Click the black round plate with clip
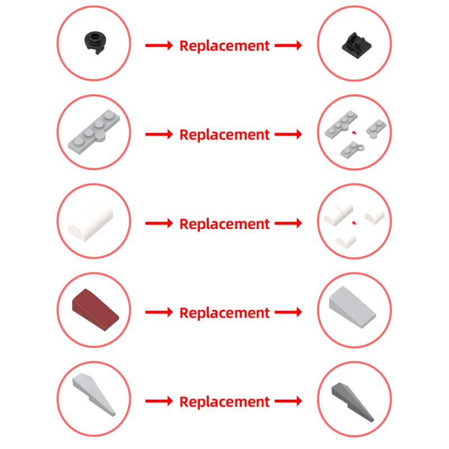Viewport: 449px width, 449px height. coord(95,43)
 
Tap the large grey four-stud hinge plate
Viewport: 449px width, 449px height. coord(94,131)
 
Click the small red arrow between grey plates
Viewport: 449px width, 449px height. coord(354,132)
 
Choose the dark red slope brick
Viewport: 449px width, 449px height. coord(95,309)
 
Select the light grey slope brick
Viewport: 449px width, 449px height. coord(352,307)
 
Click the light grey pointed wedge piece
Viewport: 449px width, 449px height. coord(94,395)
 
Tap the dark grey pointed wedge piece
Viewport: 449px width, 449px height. coord(352,402)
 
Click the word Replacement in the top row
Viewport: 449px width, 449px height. coord(224,46)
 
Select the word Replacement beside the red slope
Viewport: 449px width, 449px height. coord(224,313)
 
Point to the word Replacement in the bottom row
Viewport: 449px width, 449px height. coord(224,402)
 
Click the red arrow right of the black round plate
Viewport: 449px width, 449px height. coord(159,45)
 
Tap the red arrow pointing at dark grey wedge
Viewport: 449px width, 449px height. coord(288,401)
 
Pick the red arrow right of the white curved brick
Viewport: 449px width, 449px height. coord(159,223)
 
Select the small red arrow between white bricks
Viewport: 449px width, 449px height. coord(354,223)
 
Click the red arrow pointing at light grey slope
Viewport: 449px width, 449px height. coord(288,312)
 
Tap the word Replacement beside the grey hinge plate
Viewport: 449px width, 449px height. coord(224,135)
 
